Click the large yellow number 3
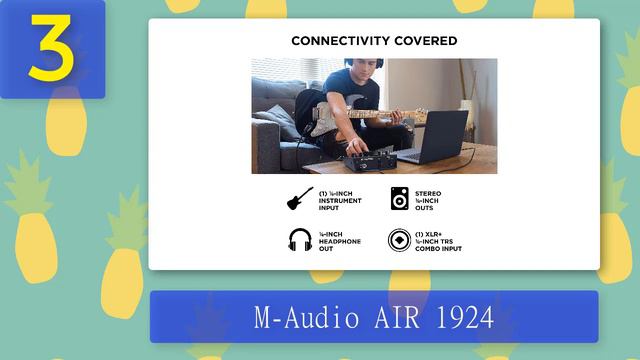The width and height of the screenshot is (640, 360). point(49,47)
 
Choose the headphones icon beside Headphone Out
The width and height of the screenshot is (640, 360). point(298,241)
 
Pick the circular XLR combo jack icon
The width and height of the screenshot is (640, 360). point(397,241)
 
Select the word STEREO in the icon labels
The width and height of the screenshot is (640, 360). point(427,192)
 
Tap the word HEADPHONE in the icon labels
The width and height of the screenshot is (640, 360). point(340,241)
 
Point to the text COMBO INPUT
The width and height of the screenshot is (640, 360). point(438,248)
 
